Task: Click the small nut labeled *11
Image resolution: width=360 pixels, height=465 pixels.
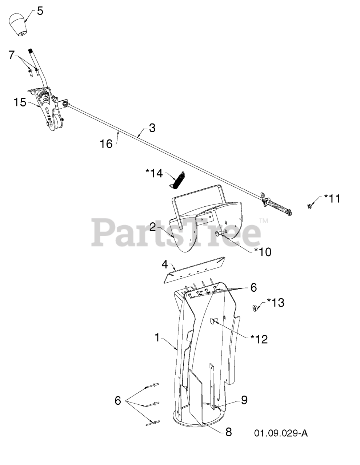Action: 309,206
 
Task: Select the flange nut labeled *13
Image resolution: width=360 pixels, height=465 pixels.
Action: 255,308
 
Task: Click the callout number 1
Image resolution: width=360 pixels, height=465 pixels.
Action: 157,337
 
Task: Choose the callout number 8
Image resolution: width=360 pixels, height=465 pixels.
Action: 228,432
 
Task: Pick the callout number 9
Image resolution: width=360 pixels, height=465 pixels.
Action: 244,400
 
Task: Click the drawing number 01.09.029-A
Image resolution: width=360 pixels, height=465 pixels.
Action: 281,433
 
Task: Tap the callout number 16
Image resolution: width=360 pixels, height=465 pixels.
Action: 106,144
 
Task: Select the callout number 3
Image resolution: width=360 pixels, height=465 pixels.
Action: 152,128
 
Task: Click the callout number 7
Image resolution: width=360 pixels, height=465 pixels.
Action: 12,55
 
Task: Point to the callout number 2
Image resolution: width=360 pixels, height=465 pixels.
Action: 153,227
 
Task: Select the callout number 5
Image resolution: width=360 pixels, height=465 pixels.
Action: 40,11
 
